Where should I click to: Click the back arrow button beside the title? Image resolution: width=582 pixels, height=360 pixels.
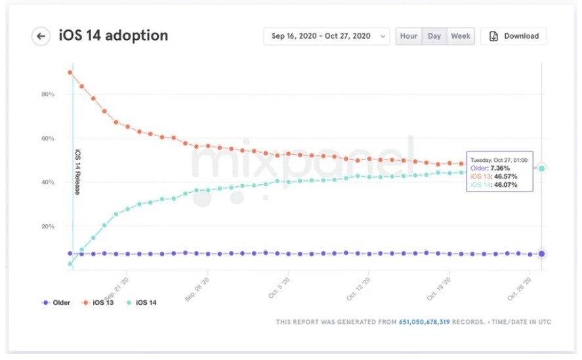41,36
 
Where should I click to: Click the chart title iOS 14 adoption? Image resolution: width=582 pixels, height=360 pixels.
114,35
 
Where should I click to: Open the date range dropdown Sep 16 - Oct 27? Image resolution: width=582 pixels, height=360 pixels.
326,36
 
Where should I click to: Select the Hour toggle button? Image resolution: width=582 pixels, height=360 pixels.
409,36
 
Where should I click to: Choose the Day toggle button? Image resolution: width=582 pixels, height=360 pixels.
434,36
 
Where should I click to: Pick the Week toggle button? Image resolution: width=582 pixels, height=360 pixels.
461,36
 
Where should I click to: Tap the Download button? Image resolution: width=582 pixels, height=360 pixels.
514,36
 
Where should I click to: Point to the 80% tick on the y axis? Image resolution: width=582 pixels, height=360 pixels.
47,94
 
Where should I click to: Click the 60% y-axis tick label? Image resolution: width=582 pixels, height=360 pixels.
47,138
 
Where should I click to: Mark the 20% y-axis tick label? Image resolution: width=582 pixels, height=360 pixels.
47,226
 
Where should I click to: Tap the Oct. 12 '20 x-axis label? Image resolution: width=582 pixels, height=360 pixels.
358,289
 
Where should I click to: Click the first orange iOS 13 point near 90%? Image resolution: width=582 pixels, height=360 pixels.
70,72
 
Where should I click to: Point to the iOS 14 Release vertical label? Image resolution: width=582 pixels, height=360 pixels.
77,172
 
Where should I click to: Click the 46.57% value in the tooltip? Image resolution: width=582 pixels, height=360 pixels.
503,177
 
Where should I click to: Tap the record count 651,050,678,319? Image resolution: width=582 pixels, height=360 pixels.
424,322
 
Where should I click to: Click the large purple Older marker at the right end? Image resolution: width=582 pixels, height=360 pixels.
541,254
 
